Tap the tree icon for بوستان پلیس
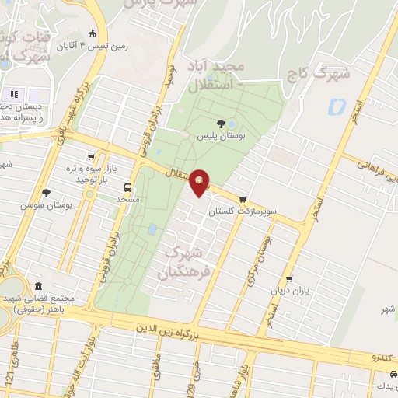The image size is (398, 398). coord(222,124)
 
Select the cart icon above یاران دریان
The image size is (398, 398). coord(290,279)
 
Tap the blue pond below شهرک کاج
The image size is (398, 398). coord(337,106)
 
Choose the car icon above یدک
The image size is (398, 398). coord(393,375)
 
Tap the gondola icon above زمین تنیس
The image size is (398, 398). coord(93,33)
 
